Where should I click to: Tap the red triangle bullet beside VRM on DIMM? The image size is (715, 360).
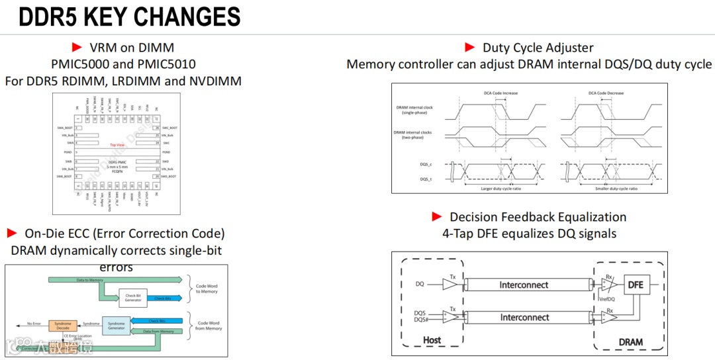click(x=77, y=47)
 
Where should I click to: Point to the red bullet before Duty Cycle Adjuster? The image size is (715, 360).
click(x=470, y=47)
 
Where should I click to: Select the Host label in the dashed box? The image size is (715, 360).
click(x=432, y=341)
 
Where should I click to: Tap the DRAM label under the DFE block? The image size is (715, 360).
click(x=630, y=341)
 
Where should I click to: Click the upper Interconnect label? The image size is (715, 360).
click(x=524, y=285)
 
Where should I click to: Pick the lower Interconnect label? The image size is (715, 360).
click(x=524, y=318)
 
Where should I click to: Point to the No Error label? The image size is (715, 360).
click(x=34, y=324)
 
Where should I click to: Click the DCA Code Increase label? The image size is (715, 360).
click(x=501, y=93)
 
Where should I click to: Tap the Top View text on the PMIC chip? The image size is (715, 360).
click(x=117, y=145)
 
